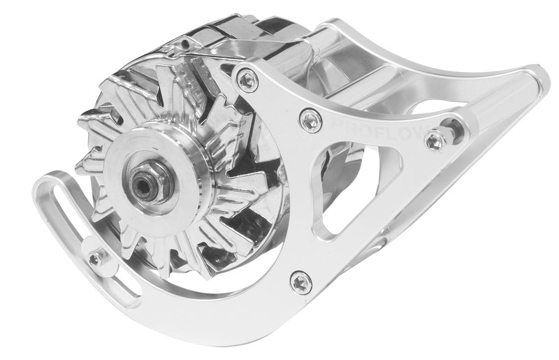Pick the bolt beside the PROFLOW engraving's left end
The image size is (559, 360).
(310, 120)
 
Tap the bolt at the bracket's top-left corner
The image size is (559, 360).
(247, 80)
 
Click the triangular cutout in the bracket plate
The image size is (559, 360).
(349, 189)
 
